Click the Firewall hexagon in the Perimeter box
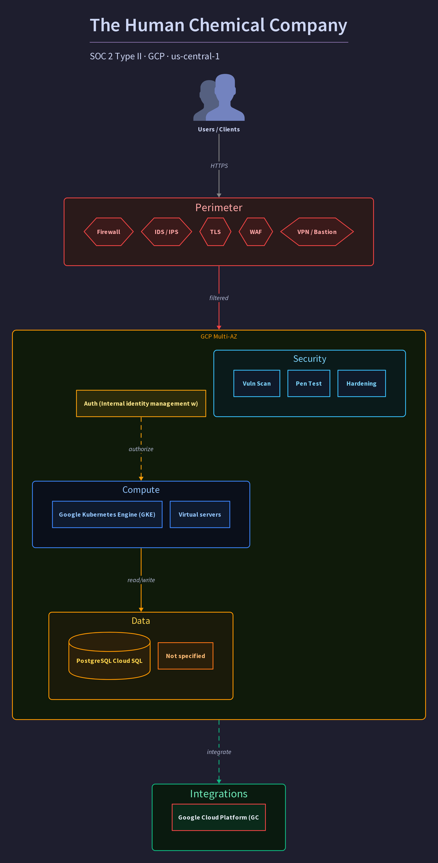(x=108, y=232)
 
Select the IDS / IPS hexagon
(x=166, y=232)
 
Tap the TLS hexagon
(x=215, y=232)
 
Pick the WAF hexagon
(x=256, y=232)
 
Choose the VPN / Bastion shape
(x=317, y=232)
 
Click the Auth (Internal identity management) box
(x=141, y=403)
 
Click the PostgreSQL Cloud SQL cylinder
(x=109, y=656)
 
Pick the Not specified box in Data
(x=186, y=656)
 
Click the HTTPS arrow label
(x=219, y=166)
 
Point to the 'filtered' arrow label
(x=219, y=298)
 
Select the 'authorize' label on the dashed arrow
(x=141, y=449)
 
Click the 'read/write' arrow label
(x=141, y=580)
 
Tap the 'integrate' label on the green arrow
(x=219, y=752)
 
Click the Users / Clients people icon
(x=219, y=97)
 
